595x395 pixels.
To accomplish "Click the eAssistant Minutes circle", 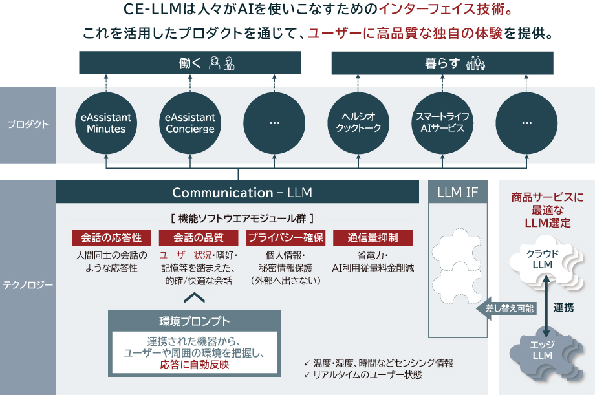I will [x=106, y=123].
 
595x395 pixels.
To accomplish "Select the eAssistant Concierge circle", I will [x=190, y=123].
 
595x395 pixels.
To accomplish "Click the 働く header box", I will [x=190, y=63].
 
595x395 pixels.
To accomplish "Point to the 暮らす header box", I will [x=443, y=63].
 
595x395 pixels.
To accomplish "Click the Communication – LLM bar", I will [x=242, y=193].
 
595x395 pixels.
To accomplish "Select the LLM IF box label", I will [x=457, y=192].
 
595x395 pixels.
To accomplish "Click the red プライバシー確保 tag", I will [x=286, y=237].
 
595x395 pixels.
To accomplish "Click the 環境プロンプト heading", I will [x=195, y=321].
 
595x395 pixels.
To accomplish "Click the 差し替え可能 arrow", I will [x=508, y=309].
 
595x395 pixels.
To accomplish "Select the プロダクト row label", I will [x=28, y=125].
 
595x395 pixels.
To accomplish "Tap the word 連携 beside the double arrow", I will [x=563, y=308].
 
